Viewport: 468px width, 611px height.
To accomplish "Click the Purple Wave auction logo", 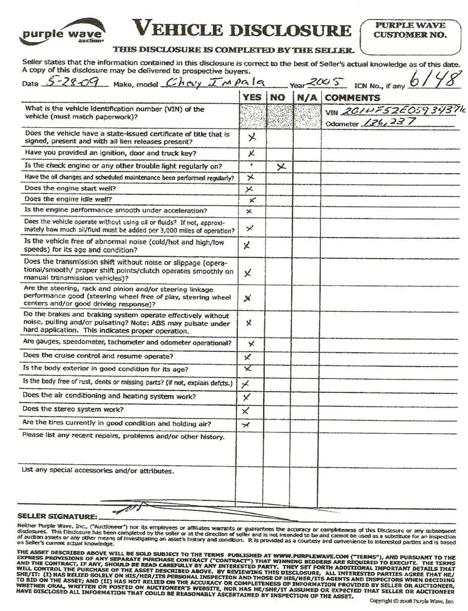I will pyautogui.click(x=62, y=32).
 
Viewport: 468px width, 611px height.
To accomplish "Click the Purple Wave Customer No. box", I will pyautogui.click(x=409, y=36).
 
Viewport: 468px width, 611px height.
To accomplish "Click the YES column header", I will pyautogui.click(x=251, y=98).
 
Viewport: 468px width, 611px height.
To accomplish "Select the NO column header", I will pyautogui.click(x=278, y=98).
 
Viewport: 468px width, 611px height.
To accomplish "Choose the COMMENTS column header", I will pyautogui.click(x=352, y=98).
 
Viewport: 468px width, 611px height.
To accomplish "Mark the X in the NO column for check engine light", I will pyautogui.click(x=282, y=167).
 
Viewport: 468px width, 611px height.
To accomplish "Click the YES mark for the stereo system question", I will pyautogui.click(x=246, y=410).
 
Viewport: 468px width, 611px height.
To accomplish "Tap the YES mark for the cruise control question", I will pyautogui.click(x=248, y=357).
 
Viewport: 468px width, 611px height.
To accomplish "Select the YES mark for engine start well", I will pyautogui.click(x=249, y=189).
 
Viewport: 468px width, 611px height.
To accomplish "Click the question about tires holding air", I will pyautogui.click(x=117, y=423).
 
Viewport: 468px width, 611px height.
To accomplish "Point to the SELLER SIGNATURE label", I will pyautogui.click(x=57, y=515).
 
